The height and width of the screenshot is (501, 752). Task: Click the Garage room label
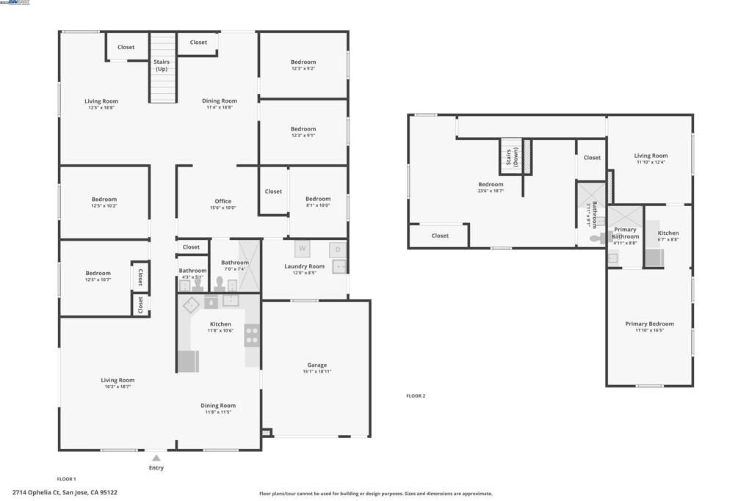(x=317, y=365)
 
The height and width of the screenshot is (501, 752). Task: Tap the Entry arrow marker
(x=156, y=458)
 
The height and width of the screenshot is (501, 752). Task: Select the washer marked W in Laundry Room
(x=302, y=249)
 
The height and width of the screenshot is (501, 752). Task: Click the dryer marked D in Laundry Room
(x=338, y=249)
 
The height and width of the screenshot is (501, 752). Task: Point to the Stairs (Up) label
(x=162, y=65)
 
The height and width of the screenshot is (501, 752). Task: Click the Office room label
(x=223, y=201)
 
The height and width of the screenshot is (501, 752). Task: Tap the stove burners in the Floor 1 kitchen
(x=251, y=335)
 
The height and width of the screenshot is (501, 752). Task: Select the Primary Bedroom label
(x=649, y=323)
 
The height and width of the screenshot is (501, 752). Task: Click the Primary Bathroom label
(x=625, y=233)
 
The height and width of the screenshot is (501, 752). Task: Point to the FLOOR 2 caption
(x=416, y=396)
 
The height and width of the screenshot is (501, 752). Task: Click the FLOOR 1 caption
(x=66, y=479)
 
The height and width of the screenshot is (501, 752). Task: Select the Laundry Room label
(x=304, y=266)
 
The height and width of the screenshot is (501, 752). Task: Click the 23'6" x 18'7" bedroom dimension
(x=491, y=191)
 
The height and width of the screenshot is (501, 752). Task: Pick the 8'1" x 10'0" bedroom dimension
(x=318, y=205)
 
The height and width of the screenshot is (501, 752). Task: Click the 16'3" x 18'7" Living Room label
(x=117, y=380)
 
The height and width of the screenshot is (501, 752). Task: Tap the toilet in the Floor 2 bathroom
(x=595, y=238)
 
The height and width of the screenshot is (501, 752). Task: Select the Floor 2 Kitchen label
(x=668, y=233)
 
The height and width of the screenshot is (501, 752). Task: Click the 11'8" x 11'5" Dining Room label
(x=218, y=406)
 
